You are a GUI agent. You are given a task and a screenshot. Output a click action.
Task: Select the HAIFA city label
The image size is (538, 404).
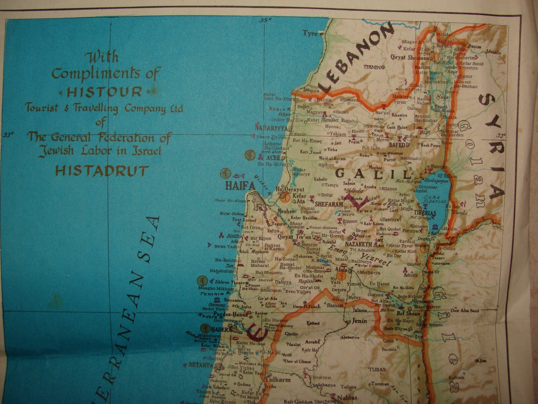[240, 186]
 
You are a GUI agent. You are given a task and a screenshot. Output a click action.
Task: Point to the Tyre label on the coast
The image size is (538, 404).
[310, 34]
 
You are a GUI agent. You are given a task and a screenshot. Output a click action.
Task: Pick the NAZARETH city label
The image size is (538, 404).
[358, 244]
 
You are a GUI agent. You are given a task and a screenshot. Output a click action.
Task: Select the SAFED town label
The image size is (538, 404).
[397, 145]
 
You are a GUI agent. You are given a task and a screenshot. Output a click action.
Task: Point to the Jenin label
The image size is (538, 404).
[359, 321]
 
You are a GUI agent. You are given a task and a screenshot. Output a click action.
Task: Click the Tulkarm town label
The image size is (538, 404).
[277, 380]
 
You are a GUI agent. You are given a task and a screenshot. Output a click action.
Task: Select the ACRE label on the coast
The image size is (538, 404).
[273, 158]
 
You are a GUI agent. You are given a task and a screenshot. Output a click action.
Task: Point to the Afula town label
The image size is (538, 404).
[341, 269]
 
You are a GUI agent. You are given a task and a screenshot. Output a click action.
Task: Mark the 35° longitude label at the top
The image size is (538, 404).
[266, 20]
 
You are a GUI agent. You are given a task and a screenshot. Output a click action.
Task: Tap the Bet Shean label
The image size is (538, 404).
[408, 313]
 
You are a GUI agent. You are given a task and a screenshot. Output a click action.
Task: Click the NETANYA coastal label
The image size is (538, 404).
[200, 365]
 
